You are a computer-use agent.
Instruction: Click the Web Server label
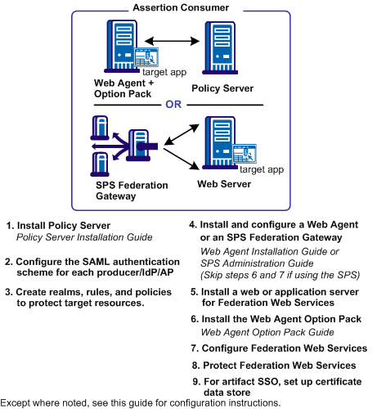click(x=224, y=184)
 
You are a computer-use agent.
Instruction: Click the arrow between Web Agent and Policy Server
click(x=173, y=38)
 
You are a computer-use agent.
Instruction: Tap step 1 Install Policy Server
click(x=70, y=225)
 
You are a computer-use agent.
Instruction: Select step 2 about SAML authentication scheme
click(x=90, y=267)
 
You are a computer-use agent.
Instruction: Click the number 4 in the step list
click(x=192, y=223)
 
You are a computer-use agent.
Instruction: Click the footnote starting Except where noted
click(x=141, y=402)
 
